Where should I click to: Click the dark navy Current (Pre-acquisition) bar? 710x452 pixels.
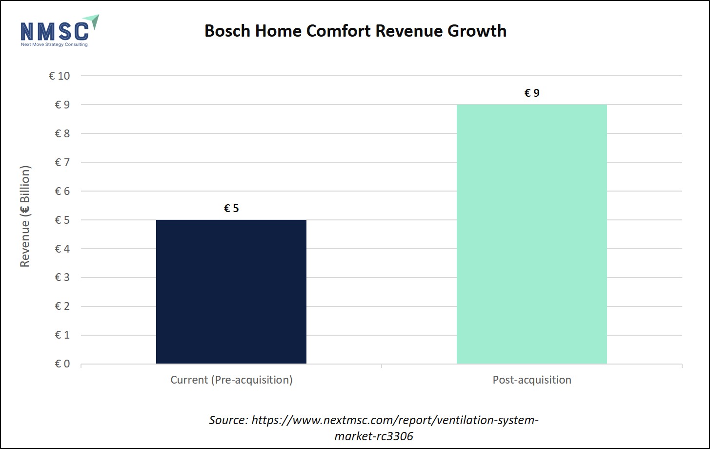(231, 291)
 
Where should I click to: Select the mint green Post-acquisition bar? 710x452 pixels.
(531, 234)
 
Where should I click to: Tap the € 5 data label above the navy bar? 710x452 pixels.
(231, 209)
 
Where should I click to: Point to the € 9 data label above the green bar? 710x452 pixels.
(532, 93)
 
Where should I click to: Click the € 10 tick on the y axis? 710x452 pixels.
(60, 76)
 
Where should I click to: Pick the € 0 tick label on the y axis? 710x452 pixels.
(62, 364)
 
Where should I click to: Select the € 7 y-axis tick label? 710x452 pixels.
(62, 162)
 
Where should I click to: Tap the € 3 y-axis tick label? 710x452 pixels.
(62, 278)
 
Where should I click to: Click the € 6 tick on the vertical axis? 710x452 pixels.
(62, 191)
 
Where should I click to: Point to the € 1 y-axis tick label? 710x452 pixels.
(62, 335)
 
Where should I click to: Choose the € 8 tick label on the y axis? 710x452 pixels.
(62, 133)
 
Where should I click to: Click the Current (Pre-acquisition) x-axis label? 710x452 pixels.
(231, 380)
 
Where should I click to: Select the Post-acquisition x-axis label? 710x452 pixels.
(532, 380)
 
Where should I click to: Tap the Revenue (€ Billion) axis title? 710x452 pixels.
(25, 216)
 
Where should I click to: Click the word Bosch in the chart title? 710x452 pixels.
(227, 31)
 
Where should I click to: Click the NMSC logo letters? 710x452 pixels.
(54, 31)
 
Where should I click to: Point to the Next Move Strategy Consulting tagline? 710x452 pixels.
(54, 44)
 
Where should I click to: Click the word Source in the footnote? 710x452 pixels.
(228, 420)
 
